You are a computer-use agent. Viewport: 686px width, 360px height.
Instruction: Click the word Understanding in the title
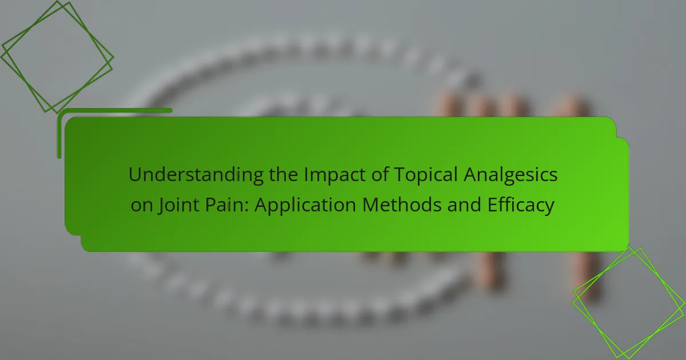pos(196,175)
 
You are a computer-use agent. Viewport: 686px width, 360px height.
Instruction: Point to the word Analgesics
pos(510,175)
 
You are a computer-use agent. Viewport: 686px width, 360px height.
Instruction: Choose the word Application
pos(306,205)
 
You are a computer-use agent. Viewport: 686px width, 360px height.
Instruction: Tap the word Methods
pos(402,205)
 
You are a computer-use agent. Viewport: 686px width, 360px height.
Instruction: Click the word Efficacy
pos(521,205)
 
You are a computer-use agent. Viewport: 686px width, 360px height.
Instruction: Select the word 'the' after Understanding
pos(284,174)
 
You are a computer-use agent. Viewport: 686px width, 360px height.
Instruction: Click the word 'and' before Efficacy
pos(464,205)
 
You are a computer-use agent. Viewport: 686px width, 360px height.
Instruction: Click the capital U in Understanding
pos(135,175)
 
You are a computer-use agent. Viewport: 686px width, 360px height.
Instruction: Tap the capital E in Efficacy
pos(492,205)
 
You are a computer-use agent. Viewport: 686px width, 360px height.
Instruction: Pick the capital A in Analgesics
pos(471,175)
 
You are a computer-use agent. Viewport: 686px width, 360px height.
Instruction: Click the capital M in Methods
pos(372,205)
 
